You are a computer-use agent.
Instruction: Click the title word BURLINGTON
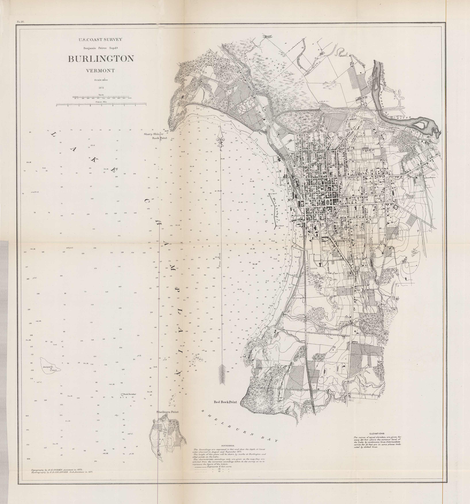(x=101, y=59)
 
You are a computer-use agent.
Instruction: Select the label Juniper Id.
(x=47, y=367)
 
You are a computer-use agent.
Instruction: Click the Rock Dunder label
(x=130, y=394)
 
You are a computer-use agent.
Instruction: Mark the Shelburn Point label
(x=167, y=412)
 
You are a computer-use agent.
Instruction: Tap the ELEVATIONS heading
(x=377, y=434)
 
